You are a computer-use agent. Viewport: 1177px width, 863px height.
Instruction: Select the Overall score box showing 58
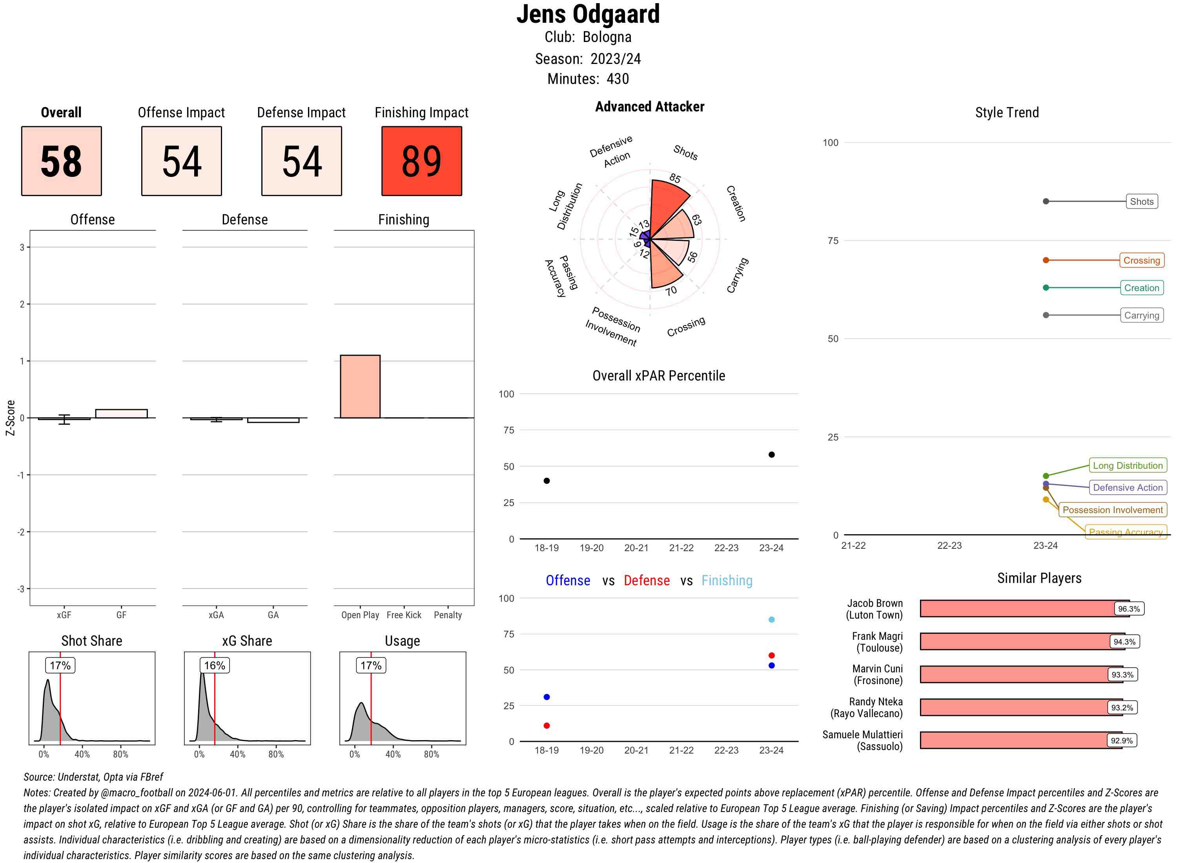coord(61,161)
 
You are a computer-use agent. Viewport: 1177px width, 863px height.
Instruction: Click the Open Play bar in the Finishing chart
coord(360,386)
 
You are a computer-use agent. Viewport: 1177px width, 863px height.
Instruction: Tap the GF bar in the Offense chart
coord(121,413)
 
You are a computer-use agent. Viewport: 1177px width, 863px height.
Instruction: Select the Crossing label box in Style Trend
coord(1141,260)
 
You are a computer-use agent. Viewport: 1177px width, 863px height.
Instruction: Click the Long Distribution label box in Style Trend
coord(1128,466)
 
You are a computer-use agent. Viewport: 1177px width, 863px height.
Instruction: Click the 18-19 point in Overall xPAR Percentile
coord(547,481)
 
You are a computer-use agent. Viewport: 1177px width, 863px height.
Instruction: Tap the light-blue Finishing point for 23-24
coord(771,619)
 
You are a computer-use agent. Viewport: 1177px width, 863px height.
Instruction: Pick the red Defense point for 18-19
coord(547,726)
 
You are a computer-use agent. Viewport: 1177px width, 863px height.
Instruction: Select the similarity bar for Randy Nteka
coord(1013,707)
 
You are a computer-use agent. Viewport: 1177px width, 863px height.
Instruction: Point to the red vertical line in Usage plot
coord(371,705)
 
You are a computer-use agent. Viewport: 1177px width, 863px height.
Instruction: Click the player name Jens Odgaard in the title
coord(588,15)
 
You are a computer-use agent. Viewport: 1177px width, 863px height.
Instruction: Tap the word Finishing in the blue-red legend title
coord(727,581)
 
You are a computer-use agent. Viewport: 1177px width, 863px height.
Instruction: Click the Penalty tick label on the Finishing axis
coord(448,615)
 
